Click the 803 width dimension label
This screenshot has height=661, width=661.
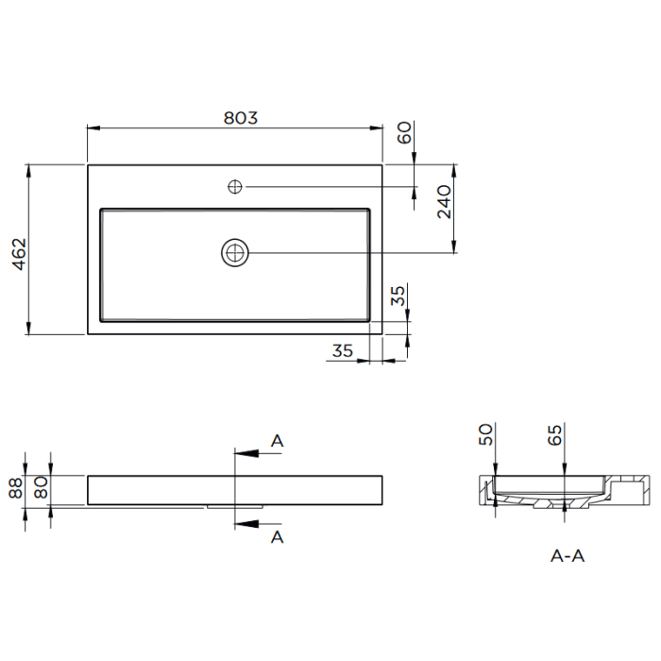[x=240, y=118]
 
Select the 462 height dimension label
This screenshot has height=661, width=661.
[x=20, y=254]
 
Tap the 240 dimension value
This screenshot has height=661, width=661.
[x=445, y=201]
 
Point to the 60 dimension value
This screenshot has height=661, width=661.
[x=404, y=132]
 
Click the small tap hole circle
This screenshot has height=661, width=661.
[x=235, y=186]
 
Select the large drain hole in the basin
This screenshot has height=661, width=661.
[x=235, y=253]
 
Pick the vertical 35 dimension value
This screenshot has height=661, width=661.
[x=398, y=296]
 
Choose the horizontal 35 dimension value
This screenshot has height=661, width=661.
[x=342, y=350]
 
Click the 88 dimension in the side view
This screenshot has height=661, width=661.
[x=16, y=488]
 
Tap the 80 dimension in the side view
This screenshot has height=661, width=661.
[x=42, y=487]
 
